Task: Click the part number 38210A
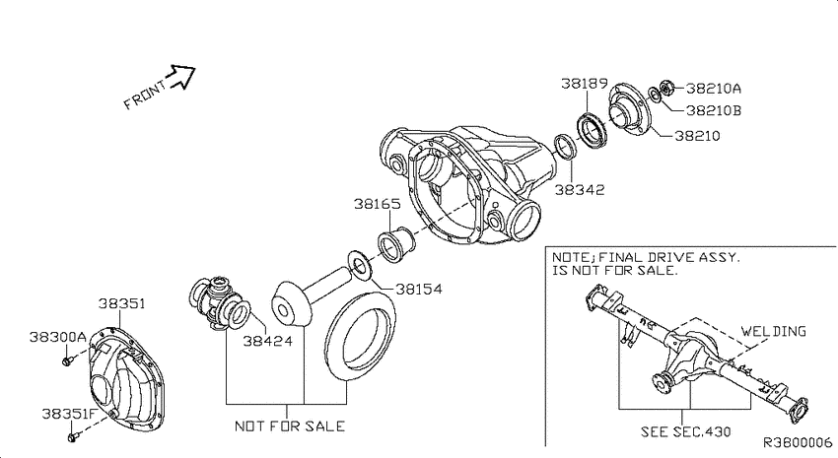point(714,88)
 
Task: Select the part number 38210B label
point(714,110)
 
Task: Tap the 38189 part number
point(585,84)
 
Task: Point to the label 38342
point(580,189)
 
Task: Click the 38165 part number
point(378,204)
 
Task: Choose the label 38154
point(419,289)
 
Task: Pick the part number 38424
point(268,340)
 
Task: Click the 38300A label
point(58,337)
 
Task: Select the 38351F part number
point(68,414)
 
